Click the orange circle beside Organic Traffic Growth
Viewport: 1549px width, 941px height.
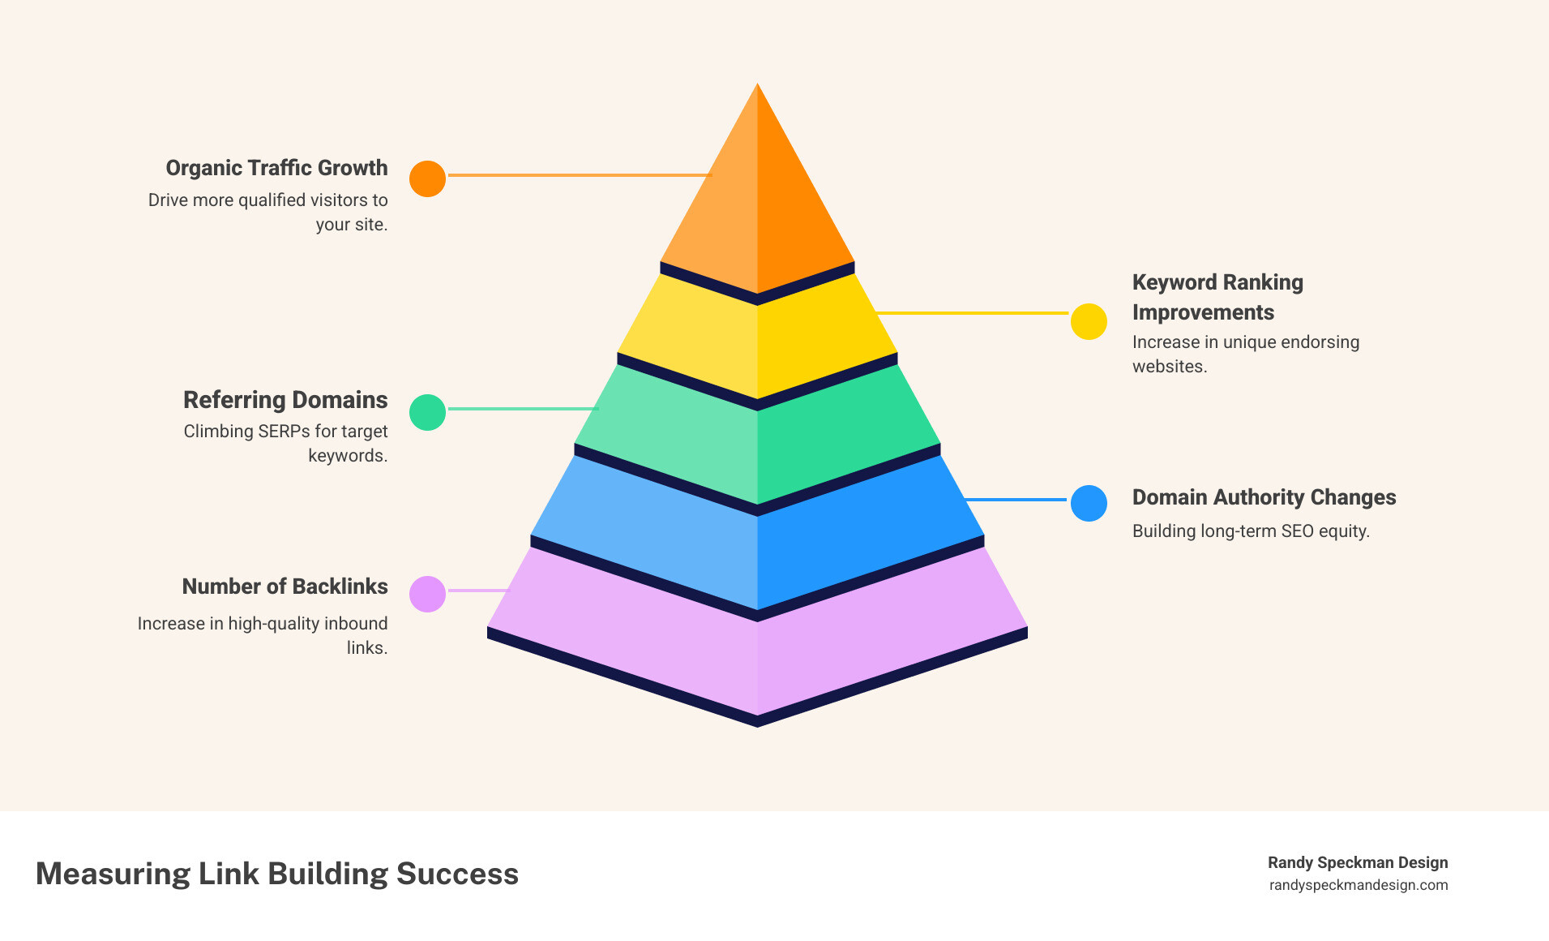(427, 178)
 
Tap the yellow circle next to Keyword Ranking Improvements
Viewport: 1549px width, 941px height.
(1089, 322)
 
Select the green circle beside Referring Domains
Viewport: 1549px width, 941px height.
(427, 412)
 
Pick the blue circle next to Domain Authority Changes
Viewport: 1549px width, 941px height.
(1089, 503)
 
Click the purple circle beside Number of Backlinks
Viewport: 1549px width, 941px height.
(427, 594)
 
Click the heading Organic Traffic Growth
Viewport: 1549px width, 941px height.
(276, 168)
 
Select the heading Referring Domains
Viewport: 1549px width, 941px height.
(285, 400)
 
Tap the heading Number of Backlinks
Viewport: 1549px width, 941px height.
(285, 587)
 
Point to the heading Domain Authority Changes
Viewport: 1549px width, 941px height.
(1264, 497)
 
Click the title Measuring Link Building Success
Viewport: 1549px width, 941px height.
(277, 874)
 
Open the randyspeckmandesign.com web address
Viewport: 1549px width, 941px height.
(1359, 885)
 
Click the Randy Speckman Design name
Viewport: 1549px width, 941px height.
(1358, 862)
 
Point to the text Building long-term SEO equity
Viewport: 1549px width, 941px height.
(1251, 531)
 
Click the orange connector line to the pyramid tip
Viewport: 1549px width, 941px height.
(580, 174)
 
